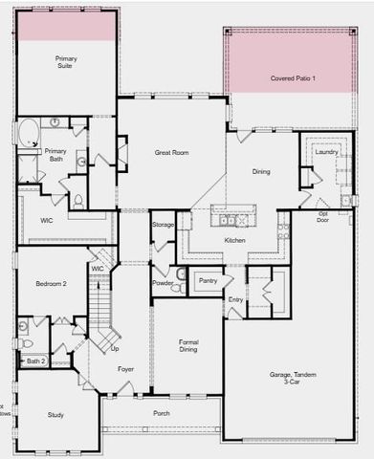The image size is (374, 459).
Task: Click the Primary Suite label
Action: click(x=66, y=63)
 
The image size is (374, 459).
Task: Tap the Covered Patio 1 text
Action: click(x=293, y=76)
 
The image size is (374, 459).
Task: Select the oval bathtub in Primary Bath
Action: click(x=27, y=131)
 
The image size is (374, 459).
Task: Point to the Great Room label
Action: click(x=172, y=152)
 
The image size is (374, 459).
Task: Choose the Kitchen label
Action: click(x=235, y=239)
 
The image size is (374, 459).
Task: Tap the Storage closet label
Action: click(x=163, y=225)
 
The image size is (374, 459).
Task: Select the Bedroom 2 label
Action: click(x=51, y=284)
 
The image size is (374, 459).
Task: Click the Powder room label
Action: click(x=163, y=283)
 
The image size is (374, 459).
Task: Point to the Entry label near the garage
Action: click(x=235, y=300)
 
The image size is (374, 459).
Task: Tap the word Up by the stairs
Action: click(x=115, y=335)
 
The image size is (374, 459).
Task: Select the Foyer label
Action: click(x=125, y=368)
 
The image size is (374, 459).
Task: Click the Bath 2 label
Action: click(x=34, y=361)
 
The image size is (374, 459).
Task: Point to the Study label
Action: click(x=56, y=414)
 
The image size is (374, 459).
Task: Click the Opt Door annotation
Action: click(x=323, y=216)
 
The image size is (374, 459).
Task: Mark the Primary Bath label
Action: click(x=55, y=155)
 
